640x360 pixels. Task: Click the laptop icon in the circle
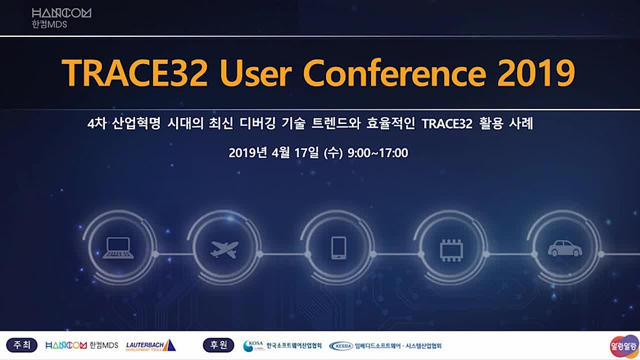click(x=118, y=249)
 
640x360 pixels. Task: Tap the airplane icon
click(x=224, y=249)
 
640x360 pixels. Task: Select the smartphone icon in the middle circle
click(x=338, y=249)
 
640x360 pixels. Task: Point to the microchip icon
click(x=451, y=249)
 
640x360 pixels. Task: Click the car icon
click(x=564, y=249)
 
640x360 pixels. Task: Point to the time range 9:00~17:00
click(x=377, y=153)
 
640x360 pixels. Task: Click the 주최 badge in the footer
click(x=22, y=345)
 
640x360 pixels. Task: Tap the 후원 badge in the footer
click(x=218, y=345)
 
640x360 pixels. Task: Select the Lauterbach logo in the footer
click(x=150, y=345)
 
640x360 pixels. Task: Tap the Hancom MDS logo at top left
click(x=61, y=17)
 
